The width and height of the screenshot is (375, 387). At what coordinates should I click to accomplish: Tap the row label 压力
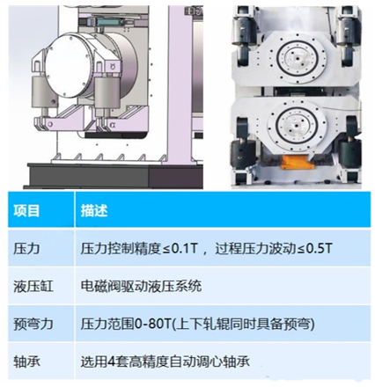point(26,249)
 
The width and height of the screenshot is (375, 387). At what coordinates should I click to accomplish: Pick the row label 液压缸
point(33,286)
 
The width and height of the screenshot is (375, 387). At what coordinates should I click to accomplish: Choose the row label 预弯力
point(33,324)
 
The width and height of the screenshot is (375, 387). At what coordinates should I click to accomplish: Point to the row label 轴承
point(26,361)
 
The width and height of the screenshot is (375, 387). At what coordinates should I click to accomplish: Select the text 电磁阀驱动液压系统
point(141,286)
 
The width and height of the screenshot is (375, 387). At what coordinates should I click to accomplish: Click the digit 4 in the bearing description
point(111,361)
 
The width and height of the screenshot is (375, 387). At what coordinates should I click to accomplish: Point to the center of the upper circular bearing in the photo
point(298,59)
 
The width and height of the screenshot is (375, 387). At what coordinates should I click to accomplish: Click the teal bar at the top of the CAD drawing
point(109,22)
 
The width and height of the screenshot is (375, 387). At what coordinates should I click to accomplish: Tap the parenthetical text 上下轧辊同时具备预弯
point(242,324)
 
